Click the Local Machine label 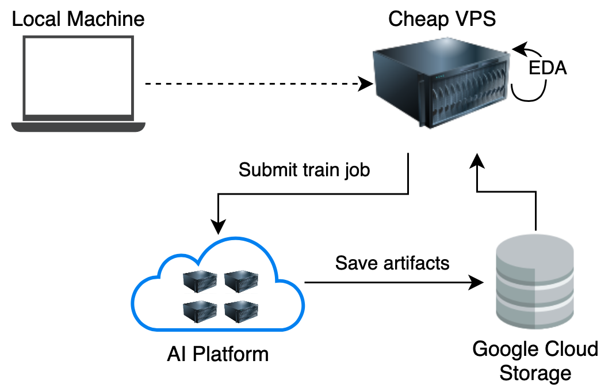click(78, 20)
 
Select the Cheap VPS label click(442, 20)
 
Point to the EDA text click(548, 69)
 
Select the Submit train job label click(304, 170)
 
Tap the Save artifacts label click(392, 263)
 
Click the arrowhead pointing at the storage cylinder click(477, 283)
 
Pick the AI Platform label click(218, 354)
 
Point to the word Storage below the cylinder click(535, 373)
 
